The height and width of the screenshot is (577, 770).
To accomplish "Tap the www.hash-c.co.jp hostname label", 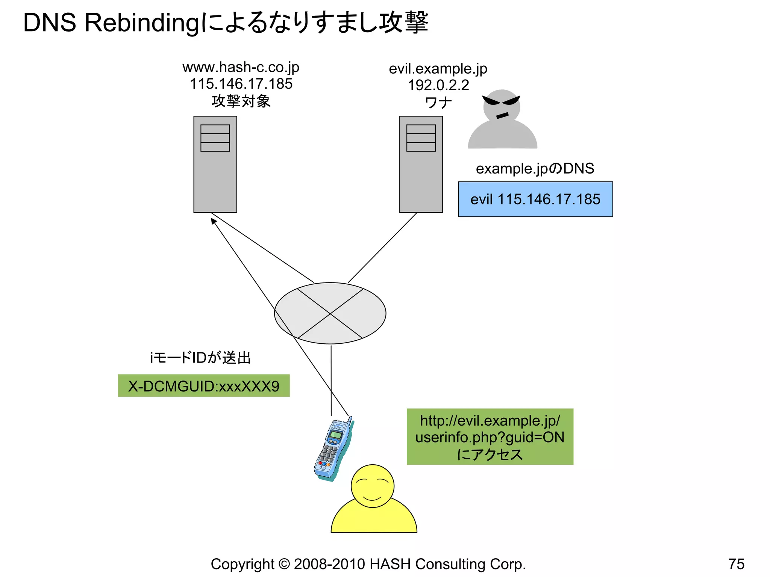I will [241, 68].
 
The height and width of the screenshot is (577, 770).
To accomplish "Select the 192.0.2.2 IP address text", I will [438, 85].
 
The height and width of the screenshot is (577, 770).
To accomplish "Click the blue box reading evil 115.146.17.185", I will [535, 199].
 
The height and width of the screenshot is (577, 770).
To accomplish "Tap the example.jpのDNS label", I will [535, 169].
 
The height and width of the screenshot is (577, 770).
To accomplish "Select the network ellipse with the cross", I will [330, 313].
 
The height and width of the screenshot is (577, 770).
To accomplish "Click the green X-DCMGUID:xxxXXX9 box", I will [204, 386].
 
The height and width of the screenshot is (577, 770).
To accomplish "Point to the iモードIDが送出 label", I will [200, 358].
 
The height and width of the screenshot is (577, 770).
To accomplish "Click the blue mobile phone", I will [333, 449].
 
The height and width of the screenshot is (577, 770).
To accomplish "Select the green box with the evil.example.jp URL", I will [490, 437].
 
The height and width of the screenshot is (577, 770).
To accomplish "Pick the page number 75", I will [736, 564].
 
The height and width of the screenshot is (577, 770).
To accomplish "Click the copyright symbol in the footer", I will [284, 564].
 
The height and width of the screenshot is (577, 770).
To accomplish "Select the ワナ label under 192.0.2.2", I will [438, 103].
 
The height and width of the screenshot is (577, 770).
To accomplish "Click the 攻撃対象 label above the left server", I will [241, 101].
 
